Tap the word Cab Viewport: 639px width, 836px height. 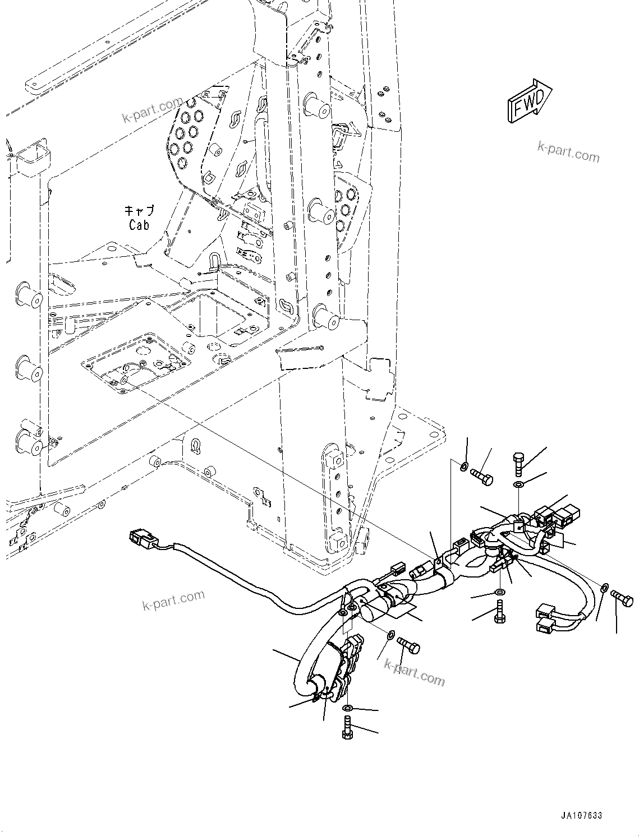pos(139,225)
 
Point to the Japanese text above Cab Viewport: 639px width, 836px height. pos(139,211)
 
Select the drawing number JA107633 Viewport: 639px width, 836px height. pos(580,815)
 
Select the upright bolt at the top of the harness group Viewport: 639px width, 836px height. pos(518,466)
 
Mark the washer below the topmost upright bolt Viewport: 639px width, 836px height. pos(519,484)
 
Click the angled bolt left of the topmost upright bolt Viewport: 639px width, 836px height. pos(482,477)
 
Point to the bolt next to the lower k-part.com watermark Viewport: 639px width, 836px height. pos(408,645)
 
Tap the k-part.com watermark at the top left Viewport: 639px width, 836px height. pos(153,110)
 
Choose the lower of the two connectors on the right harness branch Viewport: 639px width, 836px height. pos(546,626)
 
